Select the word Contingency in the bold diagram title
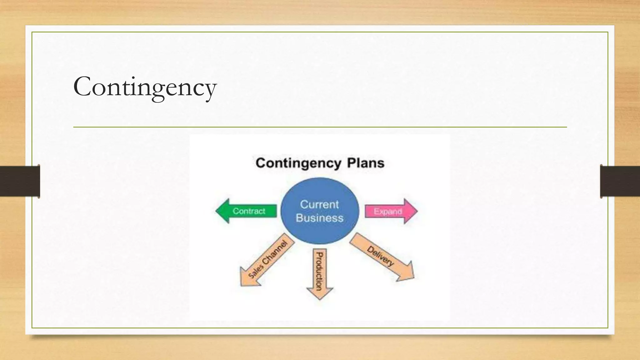click(x=298, y=163)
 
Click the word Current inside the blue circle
click(x=319, y=204)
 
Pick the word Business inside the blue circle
click(x=319, y=218)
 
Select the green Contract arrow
click(x=247, y=211)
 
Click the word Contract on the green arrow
click(x=249, y=211)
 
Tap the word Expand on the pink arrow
click(x=387, y=212)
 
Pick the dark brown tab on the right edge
click(x=620, y=181)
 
